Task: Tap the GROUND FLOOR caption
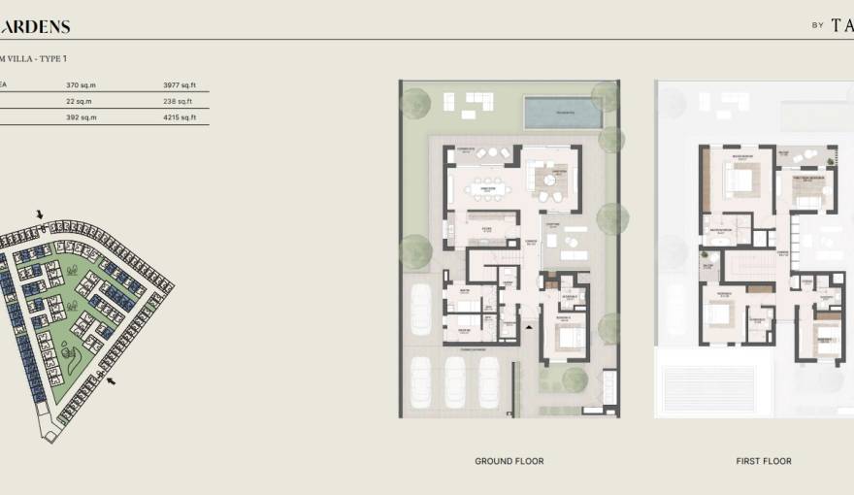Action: [509, 461]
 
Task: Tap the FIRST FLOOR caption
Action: [764, 461]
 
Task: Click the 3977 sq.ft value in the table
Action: [180, 84]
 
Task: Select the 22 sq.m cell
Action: [79, 101]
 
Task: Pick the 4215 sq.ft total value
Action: [180, 117]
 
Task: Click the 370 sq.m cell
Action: [80, 84]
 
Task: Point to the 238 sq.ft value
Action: [179, 101]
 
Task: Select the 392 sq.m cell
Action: [80, 117]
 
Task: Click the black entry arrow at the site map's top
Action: [40, 214]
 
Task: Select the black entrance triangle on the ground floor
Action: [528, 329]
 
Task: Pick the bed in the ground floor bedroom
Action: [570, 339]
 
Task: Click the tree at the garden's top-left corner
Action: [415, 103]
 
